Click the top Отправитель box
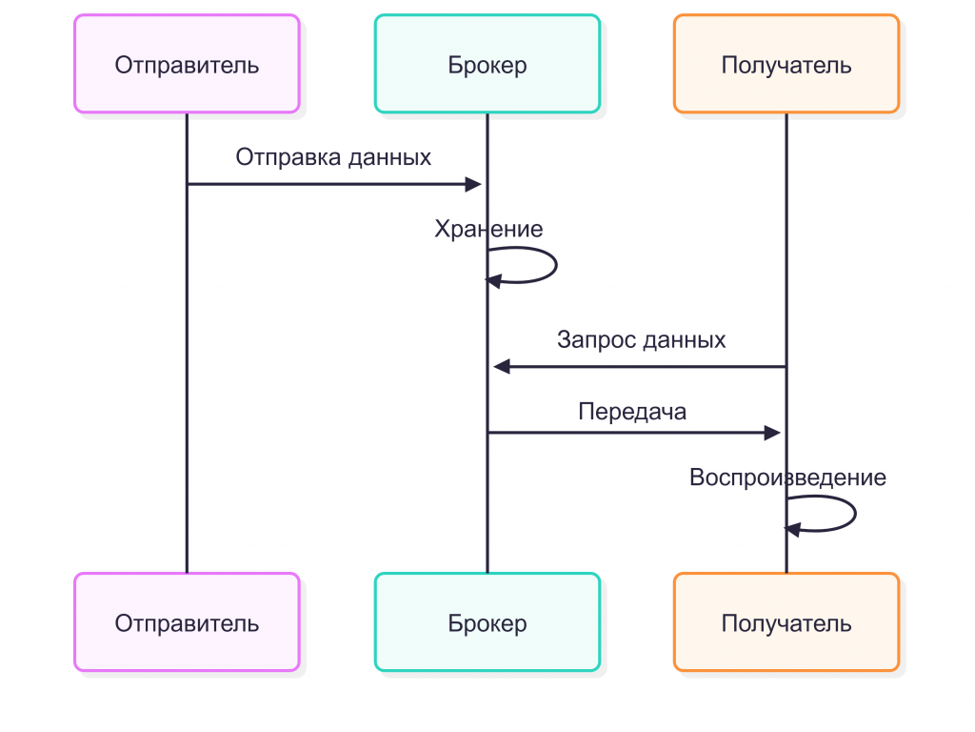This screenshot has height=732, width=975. [x=187, y=64]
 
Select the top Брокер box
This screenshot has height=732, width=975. [x=487, y=64]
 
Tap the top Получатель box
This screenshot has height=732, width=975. [x=786, y=64]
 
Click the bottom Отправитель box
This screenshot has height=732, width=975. [x=187, y=622]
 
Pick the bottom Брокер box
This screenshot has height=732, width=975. [x=487, y=622]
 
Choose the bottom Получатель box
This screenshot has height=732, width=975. [x=786, y=622]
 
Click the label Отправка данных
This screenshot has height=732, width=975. [x=333, y=157]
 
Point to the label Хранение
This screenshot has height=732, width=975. [x=488, y=230]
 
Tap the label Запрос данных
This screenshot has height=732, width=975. [x=641, y=339]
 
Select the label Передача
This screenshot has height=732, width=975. [x=632, y=412]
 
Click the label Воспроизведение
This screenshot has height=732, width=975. [x=787, y=478]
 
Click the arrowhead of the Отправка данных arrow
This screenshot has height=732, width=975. [x=474, y=184]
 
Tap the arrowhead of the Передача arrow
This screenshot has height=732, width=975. [x=773, y=433]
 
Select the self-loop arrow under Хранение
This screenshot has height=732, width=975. [x=554, y=266]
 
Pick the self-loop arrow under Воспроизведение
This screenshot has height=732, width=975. [x=854, y=514]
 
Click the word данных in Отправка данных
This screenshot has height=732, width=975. [x=389, y=157]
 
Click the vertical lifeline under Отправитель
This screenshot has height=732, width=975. [x=187, y=381]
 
